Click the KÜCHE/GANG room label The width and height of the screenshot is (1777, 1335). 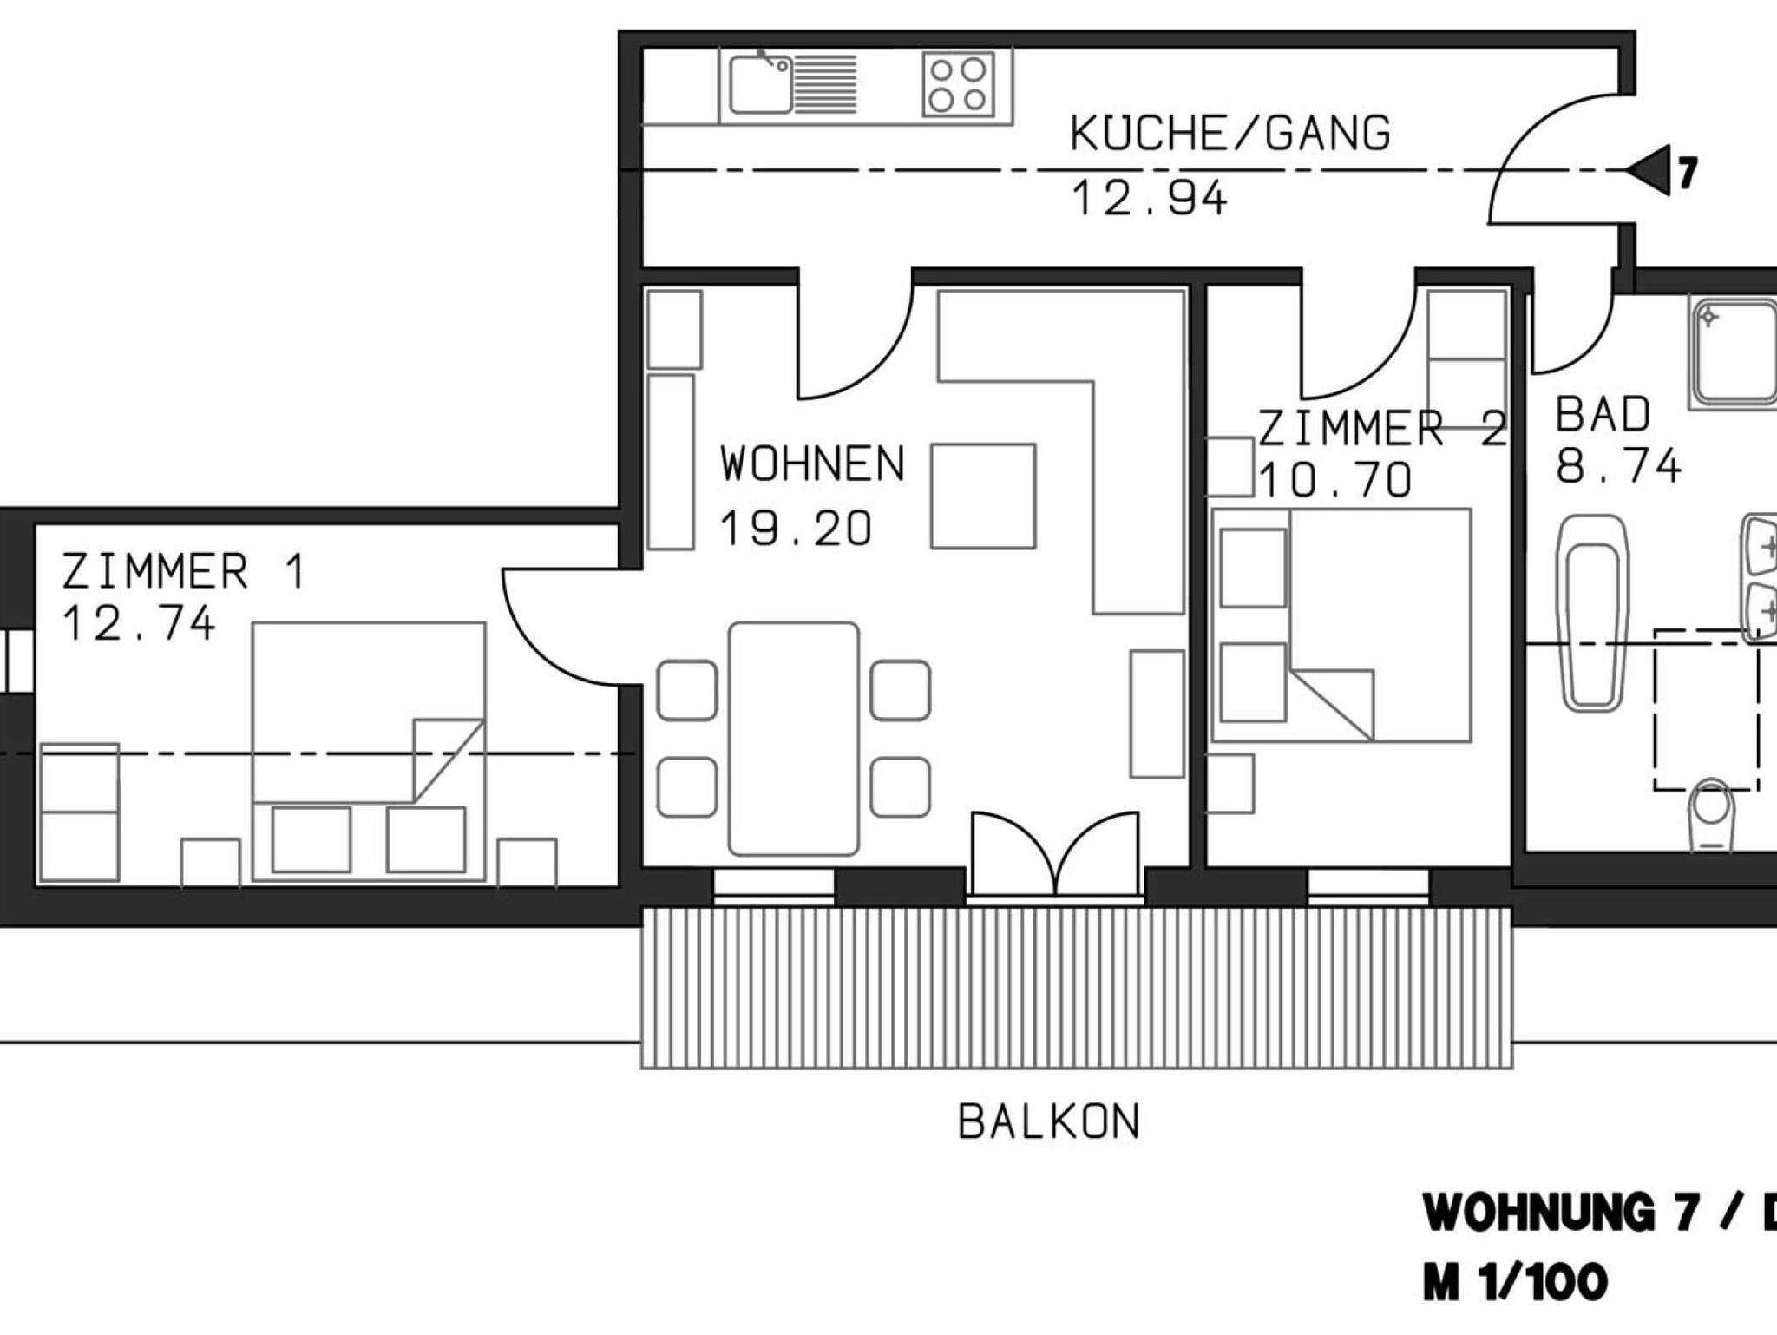[x=1230, y=135]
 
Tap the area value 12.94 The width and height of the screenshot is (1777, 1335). [x=1150, y=198]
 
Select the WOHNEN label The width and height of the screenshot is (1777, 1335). [x=812, y=464]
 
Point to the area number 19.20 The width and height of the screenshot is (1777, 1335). [x=796, y=529]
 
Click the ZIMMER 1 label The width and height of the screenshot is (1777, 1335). [x=184, y=572]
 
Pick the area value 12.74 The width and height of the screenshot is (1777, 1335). [x=138, y=624]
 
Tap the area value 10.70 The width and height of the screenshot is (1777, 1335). [x=1335, y=480]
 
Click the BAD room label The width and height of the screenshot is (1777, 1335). [x=1603, y=414]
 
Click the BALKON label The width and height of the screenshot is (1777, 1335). [x=1048, y=1121]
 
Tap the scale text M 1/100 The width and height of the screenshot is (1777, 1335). [x=1515, y=1283]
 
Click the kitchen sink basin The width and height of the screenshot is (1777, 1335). [x=760, y=85]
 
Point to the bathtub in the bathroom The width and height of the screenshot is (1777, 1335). [x=1592, y=615]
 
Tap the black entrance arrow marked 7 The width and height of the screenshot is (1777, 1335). [x=1648, y=170]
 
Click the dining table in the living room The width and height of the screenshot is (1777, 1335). [x=794, y=739]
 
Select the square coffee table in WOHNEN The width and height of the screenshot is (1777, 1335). [x=983, y=496]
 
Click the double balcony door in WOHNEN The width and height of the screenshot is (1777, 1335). [x=1055, y=855]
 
